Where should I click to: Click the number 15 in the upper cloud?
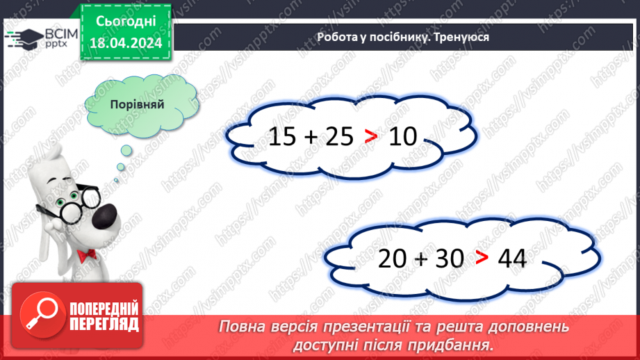pyautogui.click(x=282, y=137)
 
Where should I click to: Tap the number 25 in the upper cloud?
pyautogui.click(x=340, y=137)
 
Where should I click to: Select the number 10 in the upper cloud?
pyautogui.click(x=403, y=137)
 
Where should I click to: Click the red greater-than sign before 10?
pyautogui.click(x=371, y=138)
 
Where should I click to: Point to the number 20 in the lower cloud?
pyautogui.click(x=392, y=259)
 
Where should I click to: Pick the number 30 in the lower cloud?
pyautogui.click(x=450, y=259)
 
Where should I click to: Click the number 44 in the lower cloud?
pyautogui.click(x=513, y=259)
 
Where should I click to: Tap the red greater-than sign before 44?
pyautogui.click(x=482, y=259)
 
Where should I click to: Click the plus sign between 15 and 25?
pyautogui.click(x=311, y=138)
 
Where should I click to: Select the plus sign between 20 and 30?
pyautogui.click(x=420, y=259)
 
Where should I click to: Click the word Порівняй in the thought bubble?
pyautogui.click(x=137, y=104)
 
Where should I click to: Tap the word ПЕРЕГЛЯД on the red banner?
pyautogui.click(x=104, y=323)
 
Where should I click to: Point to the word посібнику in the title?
pyautogui.click(x=393, y=38)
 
